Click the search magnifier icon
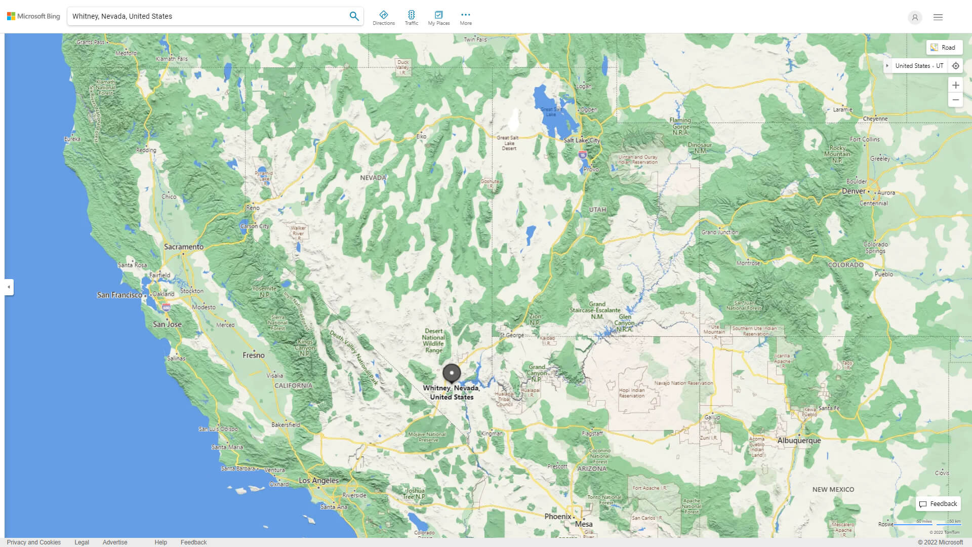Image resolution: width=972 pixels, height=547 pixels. tap(354, 16)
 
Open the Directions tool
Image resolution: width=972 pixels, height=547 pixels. tap(383, 18)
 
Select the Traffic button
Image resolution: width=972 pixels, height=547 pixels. tap(411, 18)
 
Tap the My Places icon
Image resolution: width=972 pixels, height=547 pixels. tap(438, 18)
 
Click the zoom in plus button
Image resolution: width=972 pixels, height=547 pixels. tap(955, 85)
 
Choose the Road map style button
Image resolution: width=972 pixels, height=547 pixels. tap(944, 48)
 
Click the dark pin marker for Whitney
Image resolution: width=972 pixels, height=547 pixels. tap(452, 373)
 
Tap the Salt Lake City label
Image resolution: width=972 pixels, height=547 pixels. tap(581, 140)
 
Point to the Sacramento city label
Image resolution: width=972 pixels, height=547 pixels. tap(183, 247)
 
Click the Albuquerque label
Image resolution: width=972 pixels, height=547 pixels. tap(799, 441)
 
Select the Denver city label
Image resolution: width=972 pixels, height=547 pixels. tap(854, 191)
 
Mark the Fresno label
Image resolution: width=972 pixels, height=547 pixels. tap(253, 356)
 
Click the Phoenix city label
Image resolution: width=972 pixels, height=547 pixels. tap(557, 517)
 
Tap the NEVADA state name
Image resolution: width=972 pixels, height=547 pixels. tap(373, 178)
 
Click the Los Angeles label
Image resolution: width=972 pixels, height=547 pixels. tap(318, 481)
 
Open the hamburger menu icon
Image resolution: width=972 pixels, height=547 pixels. tap(938, 17)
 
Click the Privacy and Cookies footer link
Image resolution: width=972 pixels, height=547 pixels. tap(34, 542)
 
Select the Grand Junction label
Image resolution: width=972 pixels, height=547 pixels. tap(719, 232)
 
